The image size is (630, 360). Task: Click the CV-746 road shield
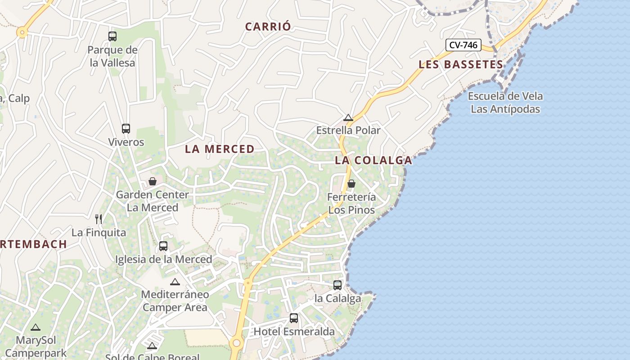(x=463, y=45)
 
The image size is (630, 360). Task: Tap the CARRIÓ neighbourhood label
(x=268, y=27)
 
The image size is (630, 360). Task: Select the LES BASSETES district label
(x=461, y=64)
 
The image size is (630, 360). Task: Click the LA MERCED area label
(x=220, y=149)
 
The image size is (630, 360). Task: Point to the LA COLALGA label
(x=373, y=160)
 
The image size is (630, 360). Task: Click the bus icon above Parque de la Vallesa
(x=112, y=36)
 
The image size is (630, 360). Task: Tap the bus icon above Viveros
(x=126, y=129)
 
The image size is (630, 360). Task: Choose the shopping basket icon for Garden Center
(x=153, y=181)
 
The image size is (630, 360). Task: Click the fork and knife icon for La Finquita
(x=99, y=219)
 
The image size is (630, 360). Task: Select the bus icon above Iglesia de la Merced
(x=163, y=246)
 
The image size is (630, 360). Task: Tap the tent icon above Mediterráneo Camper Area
(x=175, y=282)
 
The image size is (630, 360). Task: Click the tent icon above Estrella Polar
(x=348, y=118)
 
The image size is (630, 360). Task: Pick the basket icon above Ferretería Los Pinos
(x=351, y=184)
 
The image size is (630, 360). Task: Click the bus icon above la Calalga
(x=337, y=285)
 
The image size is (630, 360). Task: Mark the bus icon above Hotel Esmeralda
(x=294, y=318)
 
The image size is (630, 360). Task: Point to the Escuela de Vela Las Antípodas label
(x=505, y=103)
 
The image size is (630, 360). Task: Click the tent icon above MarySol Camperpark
(x=36, y=327)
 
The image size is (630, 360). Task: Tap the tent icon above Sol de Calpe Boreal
(x=152, y=346)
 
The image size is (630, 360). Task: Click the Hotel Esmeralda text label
(x=294, y=332)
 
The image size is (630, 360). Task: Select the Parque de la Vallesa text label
(x=112, y=56)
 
